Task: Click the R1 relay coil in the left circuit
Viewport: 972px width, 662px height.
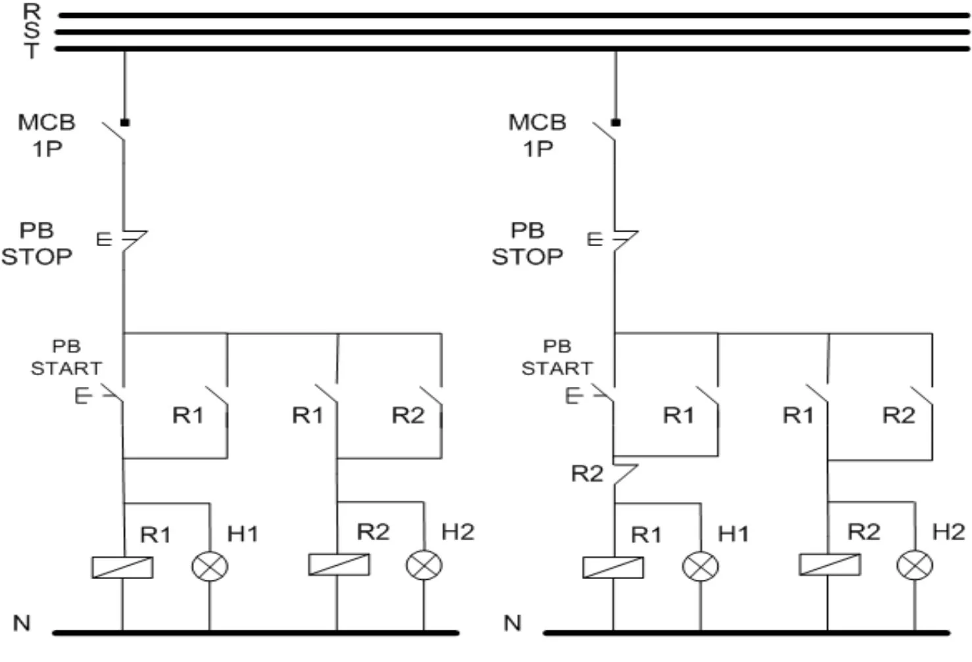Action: (x=122, y=567)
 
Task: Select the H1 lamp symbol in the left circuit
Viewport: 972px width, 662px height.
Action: (x=210, y=567)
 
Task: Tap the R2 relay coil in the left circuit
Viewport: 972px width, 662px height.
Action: (x=339, y=565)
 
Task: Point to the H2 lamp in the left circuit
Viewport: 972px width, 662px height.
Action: (x=424, y=565)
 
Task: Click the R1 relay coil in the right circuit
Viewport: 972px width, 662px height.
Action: (x=613, y=567)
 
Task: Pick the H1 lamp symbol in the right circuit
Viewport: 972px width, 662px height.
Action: (x=700, y=567)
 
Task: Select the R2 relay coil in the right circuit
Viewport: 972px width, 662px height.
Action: (x=830, y=565)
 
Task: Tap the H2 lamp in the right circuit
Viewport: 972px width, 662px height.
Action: (x=915, y=565)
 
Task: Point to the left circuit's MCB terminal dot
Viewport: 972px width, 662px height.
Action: (x=125, y=123)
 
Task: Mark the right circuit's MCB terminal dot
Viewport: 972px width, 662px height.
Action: (x=616, y=123)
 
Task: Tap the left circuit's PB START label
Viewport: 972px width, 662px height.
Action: (x=66, y=357)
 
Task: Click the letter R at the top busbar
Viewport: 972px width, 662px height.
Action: (x=32, y=11)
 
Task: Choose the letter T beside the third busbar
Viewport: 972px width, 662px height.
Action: (x=32, y=51)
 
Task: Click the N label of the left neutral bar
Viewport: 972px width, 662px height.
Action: (x=22, y=623)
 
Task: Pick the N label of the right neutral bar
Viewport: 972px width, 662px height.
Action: (x=512, y=623)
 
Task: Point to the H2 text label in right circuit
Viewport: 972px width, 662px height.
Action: (x=948, y=532)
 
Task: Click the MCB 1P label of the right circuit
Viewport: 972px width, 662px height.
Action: (x=538, y=136)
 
